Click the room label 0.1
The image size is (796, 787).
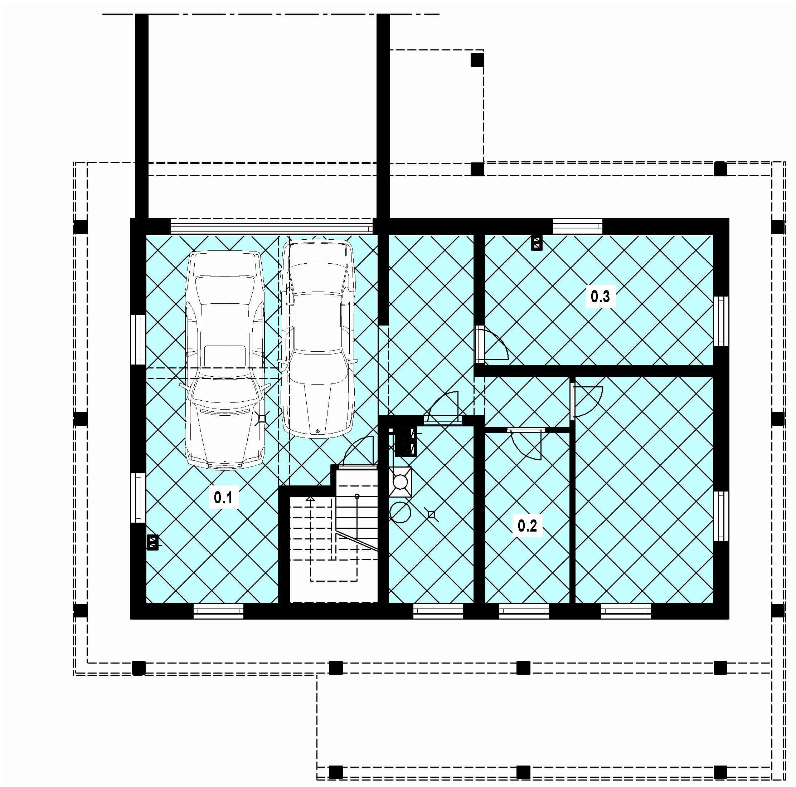pos(223,498)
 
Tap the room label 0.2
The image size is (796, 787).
pos(527,526)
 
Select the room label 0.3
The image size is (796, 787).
pos(600,297)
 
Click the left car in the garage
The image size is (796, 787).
pos(225,360)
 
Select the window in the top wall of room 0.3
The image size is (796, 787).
pos(577,226)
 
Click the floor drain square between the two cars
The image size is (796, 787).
pos(262,419)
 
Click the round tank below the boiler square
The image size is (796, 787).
pos(400,512)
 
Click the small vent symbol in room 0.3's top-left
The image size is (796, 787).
pos(537,243)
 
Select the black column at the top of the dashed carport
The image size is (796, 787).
pos(477,60)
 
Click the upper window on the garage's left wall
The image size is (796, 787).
pos(138,340)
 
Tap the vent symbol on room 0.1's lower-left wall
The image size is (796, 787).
pos(152,542)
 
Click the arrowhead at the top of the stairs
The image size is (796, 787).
pos(310,499)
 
